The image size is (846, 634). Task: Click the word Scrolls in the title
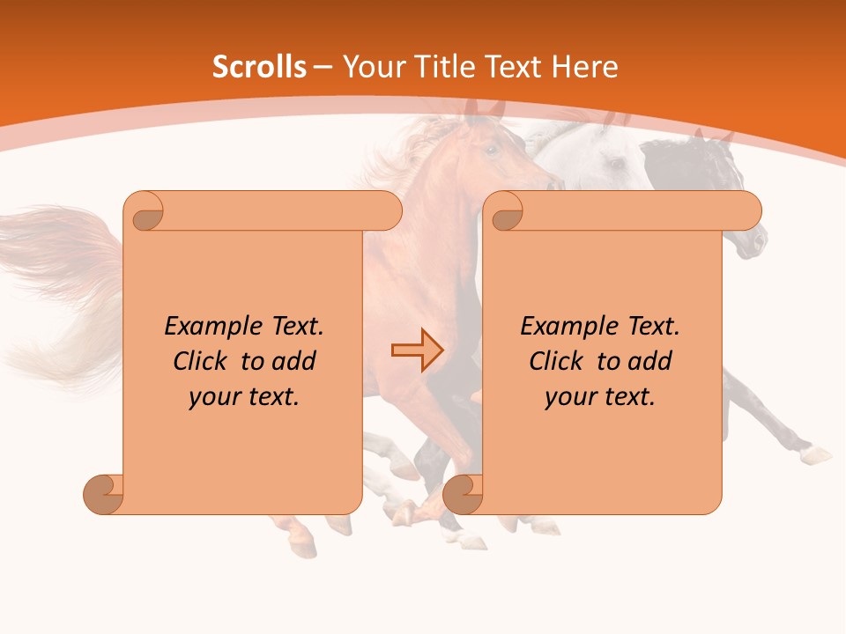coord(259,67)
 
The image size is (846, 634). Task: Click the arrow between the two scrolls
coord(417,350)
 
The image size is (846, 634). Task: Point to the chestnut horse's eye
coord(491,150)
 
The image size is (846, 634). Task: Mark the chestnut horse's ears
coord(484,109)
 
